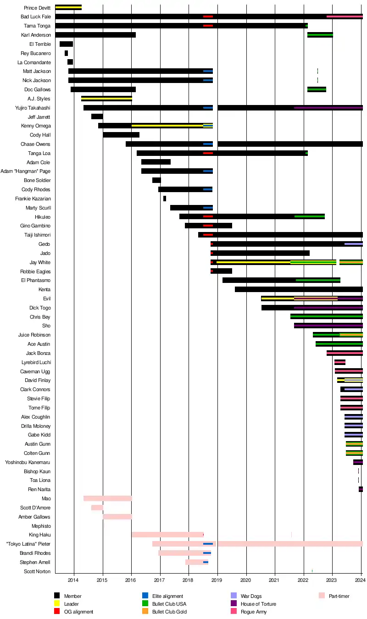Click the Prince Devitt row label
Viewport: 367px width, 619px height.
coord(38,8)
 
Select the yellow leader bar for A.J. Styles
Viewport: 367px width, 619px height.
coord(106,99)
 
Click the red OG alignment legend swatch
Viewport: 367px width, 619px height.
coord(57,612)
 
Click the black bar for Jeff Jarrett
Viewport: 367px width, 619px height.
coord(97,117)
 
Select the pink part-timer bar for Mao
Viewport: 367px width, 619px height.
coord(108,498)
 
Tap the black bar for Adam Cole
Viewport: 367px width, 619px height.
coord(156,162)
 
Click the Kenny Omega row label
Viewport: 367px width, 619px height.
coord(36,126)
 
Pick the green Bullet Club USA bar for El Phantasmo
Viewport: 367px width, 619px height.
coord(318,280)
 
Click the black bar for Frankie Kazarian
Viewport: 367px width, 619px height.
coord(165,199)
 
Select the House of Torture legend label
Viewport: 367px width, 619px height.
coord(258,604)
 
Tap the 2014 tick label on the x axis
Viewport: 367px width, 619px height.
coord(73,580)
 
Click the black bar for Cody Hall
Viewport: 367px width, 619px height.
coord(121,135)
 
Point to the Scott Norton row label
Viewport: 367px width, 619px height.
coord(37,571)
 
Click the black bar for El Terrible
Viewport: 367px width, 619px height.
coord(66,44)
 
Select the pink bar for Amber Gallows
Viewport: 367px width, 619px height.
coord(117,517)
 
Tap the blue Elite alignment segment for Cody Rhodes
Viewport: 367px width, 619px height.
coord(208,189)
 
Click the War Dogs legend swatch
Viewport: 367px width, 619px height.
coord(234,596)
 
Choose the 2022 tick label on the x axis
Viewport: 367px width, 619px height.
coord(303,580)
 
